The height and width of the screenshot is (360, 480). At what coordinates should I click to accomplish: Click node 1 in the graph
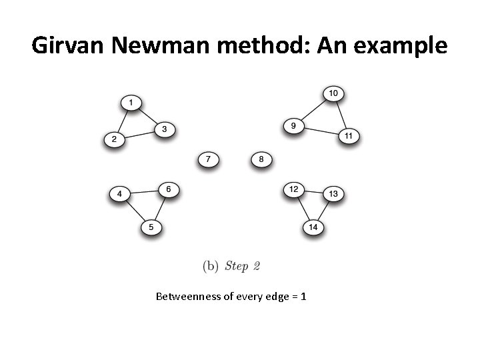click(131, 103)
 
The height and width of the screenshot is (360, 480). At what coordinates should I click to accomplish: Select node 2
click(114, 139)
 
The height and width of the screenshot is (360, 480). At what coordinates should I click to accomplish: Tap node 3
click(164, 128)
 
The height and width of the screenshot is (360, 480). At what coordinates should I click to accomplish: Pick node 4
click(119, 194)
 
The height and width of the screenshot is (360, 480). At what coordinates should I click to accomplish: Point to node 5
click(151, 227)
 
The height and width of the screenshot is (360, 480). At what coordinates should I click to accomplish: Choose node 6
click(169, 189)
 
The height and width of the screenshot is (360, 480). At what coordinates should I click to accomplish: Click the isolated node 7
click(209, 159)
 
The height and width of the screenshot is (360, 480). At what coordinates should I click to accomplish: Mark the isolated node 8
click(261, 159)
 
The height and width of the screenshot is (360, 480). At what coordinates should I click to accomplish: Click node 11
click(349, 136)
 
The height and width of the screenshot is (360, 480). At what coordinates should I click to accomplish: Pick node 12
click(293, 189)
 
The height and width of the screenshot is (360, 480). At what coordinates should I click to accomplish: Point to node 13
click(333, 194)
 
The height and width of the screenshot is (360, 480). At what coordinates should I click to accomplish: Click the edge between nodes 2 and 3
click(139, 133)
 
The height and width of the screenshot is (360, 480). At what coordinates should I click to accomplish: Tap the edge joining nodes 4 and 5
click(135, 211)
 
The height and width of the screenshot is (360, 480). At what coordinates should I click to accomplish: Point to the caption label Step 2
click(242, 267)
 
